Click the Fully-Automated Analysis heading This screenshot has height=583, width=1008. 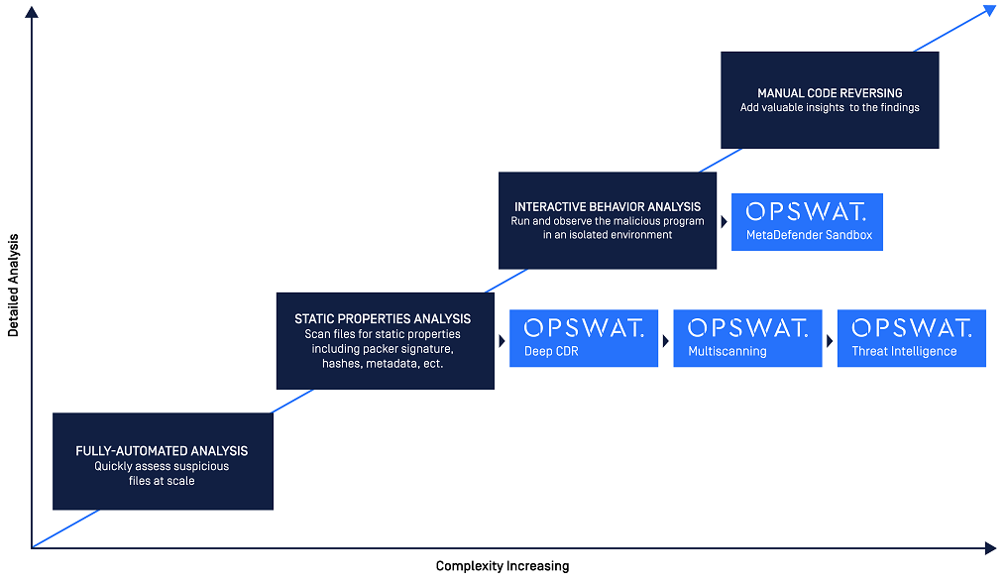(x=162, y=451)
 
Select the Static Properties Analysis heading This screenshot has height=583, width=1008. (x=383, y=319)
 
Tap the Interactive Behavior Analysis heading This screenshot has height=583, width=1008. (x=608, y=207)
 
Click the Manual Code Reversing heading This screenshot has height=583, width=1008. (x=830, y=93)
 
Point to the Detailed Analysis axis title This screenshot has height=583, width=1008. (x=14, y=286)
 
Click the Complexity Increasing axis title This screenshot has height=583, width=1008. (x=503, y=566)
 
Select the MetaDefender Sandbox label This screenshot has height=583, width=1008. (x=807, y=235)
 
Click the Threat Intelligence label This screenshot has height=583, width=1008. (x=904, y=351)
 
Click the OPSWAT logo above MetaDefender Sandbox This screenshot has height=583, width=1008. (x=806, y=212)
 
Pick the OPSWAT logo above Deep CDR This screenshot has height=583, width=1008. (x=584, y=328)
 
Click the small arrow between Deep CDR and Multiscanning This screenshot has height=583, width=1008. (x=665, y=339)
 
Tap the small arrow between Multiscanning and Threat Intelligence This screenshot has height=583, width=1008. (x=830, y=339)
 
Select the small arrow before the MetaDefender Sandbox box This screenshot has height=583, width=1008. (x=724, y=222)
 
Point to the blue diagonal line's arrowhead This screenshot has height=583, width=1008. (x=989, y=10)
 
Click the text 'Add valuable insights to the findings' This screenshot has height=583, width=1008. (x=830, y=107)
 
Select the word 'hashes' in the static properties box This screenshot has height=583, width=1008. (x=341, y=364)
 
